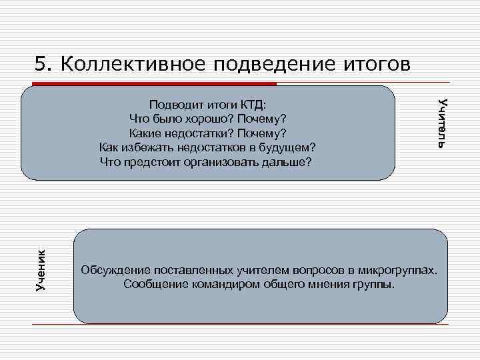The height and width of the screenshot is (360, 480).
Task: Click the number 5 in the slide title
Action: tap(41, 63)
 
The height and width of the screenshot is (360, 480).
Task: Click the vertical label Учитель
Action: tap(441, 122)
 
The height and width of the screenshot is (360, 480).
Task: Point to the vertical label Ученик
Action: tap(40, 269)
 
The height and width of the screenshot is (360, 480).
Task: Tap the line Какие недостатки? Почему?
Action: tap(207, 133)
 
